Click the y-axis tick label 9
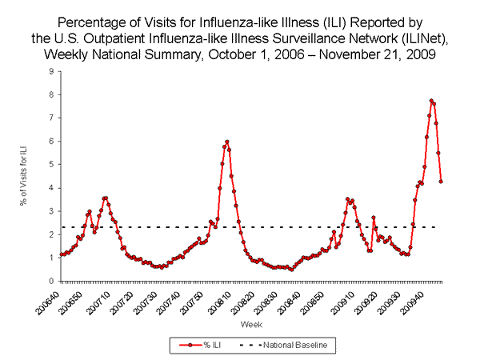[52, 71]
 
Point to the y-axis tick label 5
[52, 165]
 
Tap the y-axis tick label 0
[52, 282]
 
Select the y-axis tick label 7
[52, 118]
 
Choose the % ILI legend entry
[200, 346]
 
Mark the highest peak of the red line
[431, 101]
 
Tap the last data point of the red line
[441, 182]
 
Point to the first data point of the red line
[61, 254]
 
